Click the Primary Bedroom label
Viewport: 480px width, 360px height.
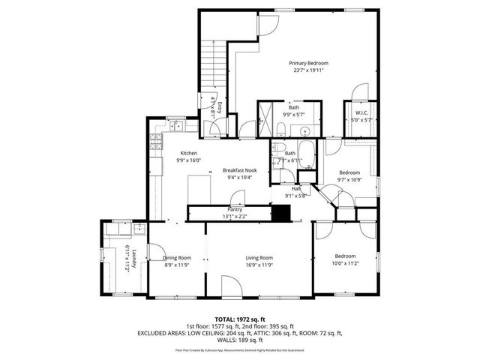308,63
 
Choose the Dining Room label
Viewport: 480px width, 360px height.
177,257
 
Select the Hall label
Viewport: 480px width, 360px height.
295,188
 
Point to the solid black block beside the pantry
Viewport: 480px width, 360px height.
280,213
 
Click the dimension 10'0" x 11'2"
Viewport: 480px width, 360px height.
346,263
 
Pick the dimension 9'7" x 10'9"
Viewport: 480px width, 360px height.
349,179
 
